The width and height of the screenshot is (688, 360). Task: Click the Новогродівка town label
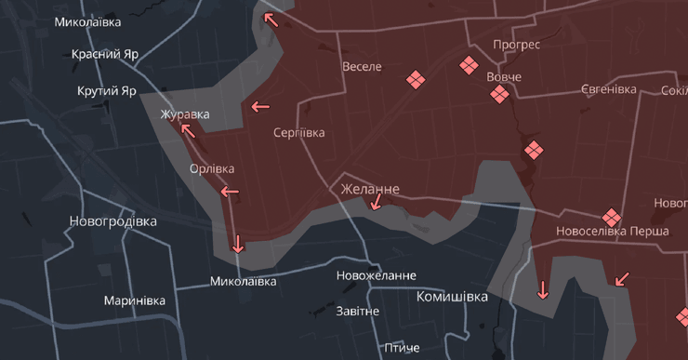112,221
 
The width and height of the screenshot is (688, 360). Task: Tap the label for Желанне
370,189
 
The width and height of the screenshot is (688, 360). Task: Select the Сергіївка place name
299,133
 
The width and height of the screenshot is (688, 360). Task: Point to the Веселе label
362,67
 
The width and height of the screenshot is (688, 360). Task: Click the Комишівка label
452,297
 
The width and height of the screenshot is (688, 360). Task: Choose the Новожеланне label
377,276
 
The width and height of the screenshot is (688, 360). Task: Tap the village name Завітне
358,311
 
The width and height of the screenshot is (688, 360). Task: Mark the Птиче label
402,348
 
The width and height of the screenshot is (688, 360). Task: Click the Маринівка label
135,300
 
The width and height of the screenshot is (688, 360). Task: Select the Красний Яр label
105,54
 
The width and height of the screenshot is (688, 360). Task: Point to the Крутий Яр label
107,91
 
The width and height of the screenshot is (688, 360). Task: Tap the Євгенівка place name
609,89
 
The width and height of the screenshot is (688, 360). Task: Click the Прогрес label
517,44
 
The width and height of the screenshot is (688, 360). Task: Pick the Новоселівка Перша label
612,231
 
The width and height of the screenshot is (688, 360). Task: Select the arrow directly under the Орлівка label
229,192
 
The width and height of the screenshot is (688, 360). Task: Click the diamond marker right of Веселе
416,80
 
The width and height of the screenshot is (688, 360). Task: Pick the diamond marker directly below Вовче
500,94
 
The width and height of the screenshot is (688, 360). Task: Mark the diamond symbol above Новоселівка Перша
611,216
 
